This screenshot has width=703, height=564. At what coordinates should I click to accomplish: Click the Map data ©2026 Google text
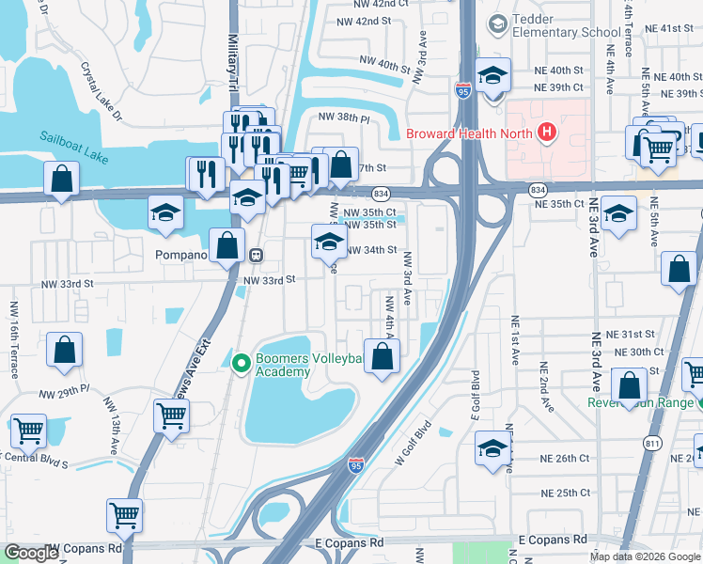pyautogui.click(x=645, y=556)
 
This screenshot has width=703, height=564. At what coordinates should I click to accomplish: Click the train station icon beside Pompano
pyautogui.click(x=255, y=255)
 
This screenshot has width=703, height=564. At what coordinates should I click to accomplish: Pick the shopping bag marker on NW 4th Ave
pyautogui.click(x=382, y=357)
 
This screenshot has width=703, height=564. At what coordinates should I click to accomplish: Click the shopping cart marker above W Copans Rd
pyautogui.click(x=124, y=514)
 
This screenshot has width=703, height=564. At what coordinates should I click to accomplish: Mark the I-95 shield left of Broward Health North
pyautogui.click(x=463, y=90)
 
